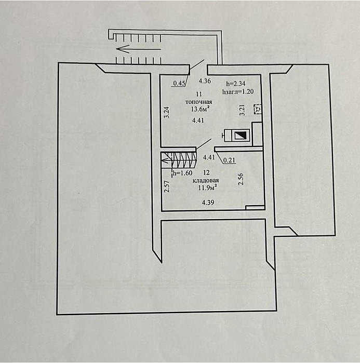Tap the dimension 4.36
point(205,81)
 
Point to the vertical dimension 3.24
point(166,113)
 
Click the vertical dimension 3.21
point(242,110)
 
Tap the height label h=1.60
point(183,173)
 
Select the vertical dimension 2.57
point(166,186)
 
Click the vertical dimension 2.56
point(241,180)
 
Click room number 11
point(199,93)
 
